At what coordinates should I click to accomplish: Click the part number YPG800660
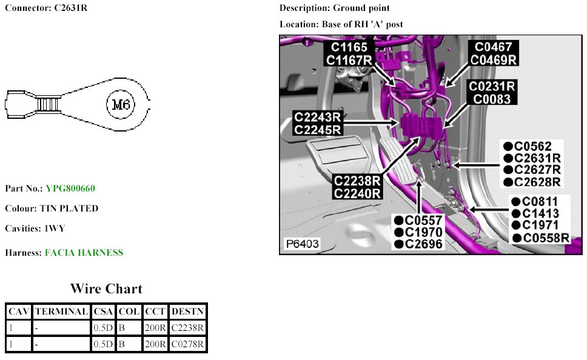click(70, 188)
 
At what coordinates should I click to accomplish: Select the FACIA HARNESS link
click(84, 253)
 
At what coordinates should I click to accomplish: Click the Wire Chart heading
click(106, 288)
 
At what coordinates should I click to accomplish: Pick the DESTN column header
click(187, 312)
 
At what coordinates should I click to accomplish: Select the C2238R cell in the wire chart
click(187, 328)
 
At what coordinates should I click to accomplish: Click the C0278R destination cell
click(187, 345)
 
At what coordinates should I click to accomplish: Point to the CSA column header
click(104, 312)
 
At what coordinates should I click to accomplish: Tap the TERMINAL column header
click(61, 312)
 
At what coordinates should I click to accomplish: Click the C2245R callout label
click(317, 129)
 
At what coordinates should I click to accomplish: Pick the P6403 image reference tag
click(302, 244)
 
